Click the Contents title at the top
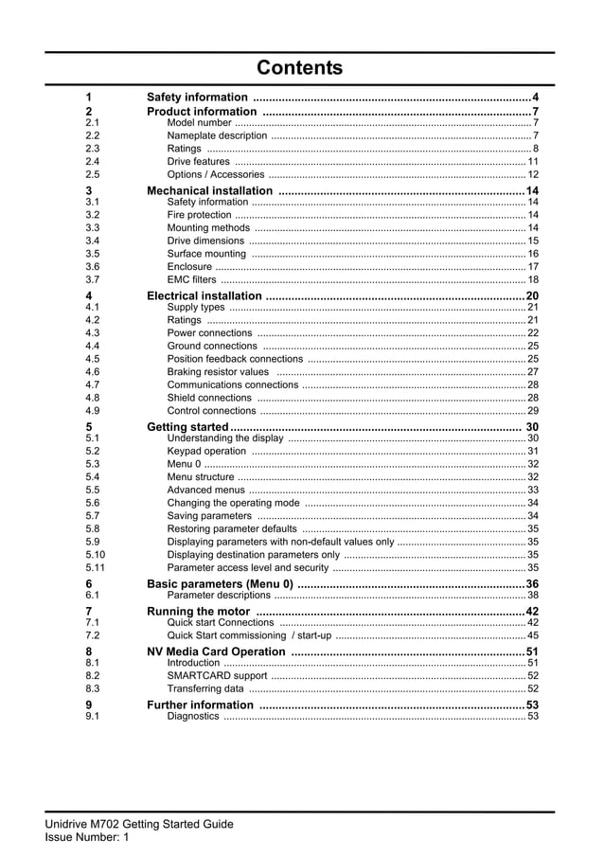coord(300,68)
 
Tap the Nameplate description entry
coord(217,135)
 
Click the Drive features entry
coord(198,162)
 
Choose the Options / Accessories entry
coord(215,175)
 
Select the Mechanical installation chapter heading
coord(209,191)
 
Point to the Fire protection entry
coord(199,215)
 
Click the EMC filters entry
coord(191,280)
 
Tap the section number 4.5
coord(92,359)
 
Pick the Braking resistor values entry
coord(218,372)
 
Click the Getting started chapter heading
coord(188,427)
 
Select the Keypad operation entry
coord(206,452)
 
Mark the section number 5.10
coord(95,555)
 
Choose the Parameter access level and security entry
coord(248,568)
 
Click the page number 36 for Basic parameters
coord(532,584)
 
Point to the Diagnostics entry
coord(192,717)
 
